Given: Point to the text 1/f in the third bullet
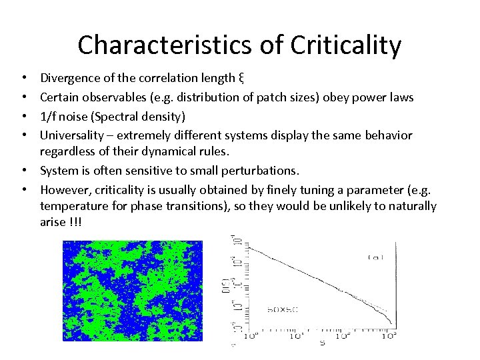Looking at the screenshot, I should pyautogui.click(x=49, y=117).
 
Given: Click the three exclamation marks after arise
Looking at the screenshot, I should pyautogui.click(x=77, y=222).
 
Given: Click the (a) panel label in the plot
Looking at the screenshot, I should pyautogui.click(x=375, y=257).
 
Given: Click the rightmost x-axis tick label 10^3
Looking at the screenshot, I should pyautogui.click(x=389, y=337).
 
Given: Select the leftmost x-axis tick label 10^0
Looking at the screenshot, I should pyautogui.click(x=252, y=337).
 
